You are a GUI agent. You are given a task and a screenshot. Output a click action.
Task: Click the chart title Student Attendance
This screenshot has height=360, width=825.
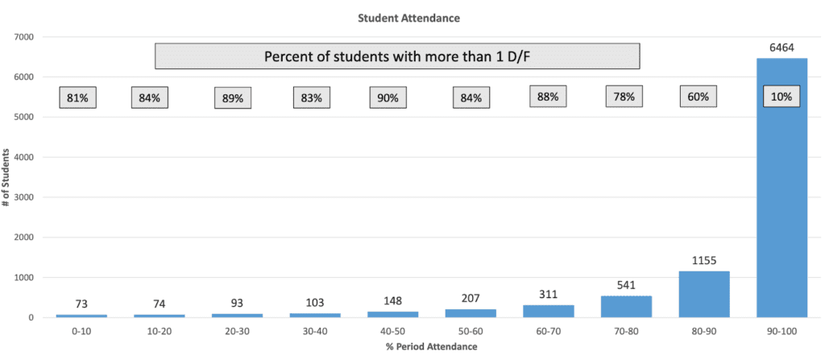[412, 16]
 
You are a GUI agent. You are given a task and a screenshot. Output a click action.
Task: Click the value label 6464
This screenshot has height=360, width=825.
[781, 48]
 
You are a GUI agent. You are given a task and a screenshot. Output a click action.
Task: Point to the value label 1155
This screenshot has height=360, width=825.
[703, 261]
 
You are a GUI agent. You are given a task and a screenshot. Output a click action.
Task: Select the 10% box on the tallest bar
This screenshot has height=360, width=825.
[781, 97]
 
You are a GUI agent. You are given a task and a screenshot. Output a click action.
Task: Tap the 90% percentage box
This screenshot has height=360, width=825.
[388, 97]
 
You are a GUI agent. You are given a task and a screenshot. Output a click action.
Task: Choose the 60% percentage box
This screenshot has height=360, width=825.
[698, 97]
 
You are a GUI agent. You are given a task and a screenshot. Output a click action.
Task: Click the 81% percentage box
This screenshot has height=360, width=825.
[78, 97]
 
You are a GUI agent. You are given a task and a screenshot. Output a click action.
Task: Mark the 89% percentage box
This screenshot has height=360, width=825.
[232, 98]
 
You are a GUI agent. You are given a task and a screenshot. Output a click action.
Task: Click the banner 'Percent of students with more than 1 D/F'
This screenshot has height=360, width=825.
[397, 56]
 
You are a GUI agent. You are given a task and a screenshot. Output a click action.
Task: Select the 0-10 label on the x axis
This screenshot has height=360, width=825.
[81, 331]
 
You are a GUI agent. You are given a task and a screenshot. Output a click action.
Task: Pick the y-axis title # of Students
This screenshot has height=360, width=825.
[7, 177]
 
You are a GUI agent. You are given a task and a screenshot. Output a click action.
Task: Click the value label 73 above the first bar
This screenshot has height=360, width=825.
[81, 304]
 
